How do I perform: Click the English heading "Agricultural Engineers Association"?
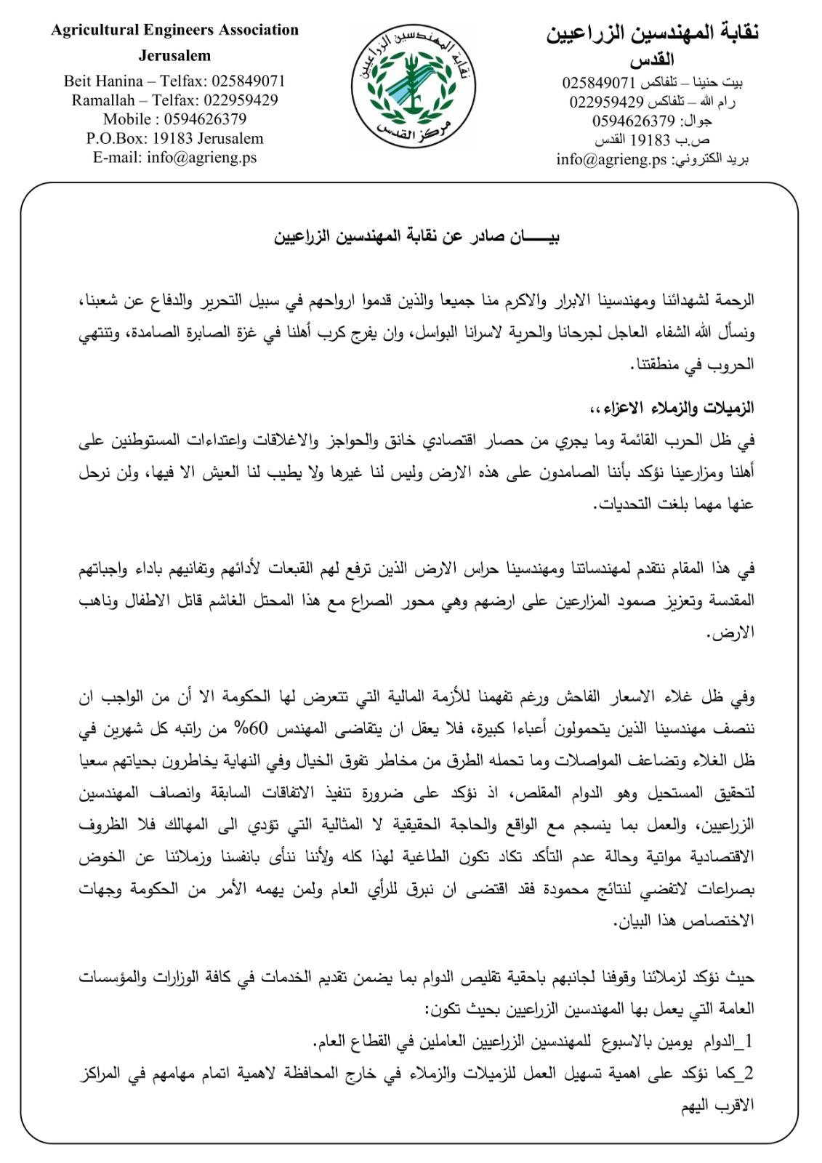[x=174, y=31]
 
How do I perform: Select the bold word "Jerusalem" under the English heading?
[x=174, y=55]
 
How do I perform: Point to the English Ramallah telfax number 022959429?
[x=241, y=100]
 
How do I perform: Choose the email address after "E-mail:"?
[x=201, y=157]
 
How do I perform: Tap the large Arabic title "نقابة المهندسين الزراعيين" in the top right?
[x=653, y=35]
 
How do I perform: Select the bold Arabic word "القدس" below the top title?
[x=653, y=60]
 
